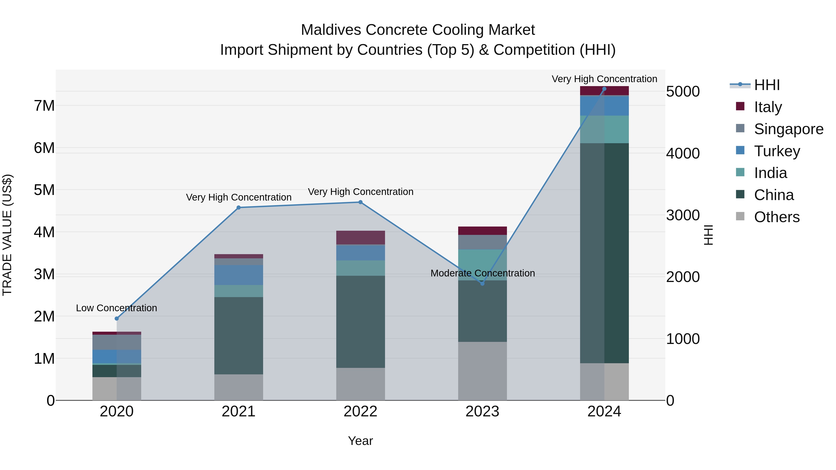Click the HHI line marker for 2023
pos(482,283)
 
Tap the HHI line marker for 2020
pos(117,318)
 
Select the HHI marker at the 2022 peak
pos(360,202)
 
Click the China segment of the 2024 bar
pos(604,253)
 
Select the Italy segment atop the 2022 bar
pos(360,237)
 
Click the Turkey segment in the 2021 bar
pos(238,275)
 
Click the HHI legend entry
pos(767,85)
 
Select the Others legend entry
pos(776,217)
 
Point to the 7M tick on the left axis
pos(44,106)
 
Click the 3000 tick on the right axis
pos(683,215)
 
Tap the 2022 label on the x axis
pos(360,412)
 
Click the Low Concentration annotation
pos(117,308)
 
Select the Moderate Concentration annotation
pos(483,273)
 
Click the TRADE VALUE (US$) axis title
pos(7,235)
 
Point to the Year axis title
pos(360,441)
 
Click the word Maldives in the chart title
pos(331,30)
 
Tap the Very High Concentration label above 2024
pos(604,79)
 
